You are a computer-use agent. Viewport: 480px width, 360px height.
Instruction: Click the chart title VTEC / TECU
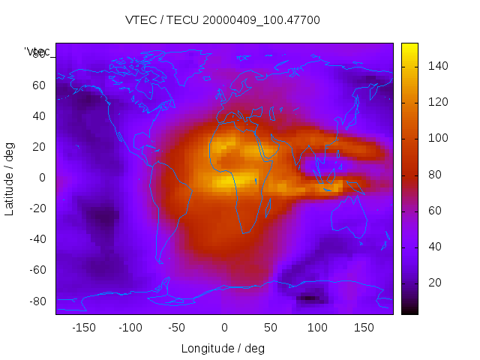222,20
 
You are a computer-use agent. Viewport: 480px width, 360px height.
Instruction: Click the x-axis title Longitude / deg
223,348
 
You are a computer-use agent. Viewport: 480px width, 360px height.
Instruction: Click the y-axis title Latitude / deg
10,177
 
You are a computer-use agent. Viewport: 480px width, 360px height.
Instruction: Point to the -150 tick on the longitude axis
83,327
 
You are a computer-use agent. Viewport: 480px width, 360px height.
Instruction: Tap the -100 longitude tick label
130,327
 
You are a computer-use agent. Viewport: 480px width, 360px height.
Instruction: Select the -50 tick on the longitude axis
177,327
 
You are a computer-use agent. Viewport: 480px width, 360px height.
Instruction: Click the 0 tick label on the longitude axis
223,327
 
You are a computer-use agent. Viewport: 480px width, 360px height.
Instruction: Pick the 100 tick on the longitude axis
317,327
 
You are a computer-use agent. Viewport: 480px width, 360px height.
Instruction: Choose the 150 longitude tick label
364,327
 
